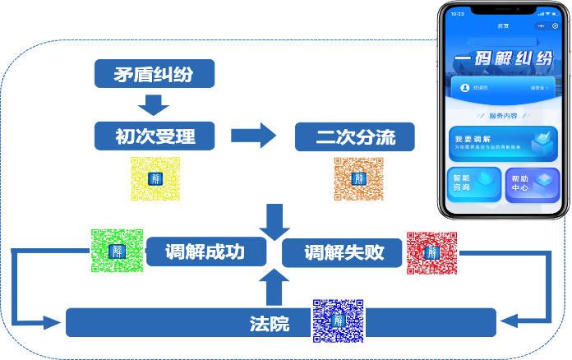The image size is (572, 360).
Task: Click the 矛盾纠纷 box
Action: (x=155, y=74)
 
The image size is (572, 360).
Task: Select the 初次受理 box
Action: (x=155, y=136)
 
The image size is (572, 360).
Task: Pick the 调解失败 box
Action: (x=344, y=252)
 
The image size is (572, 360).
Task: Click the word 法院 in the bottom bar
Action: (x=270, y=323)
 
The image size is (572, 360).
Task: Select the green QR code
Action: (x=117, y=252)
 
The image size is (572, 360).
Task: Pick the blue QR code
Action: (x=337, y=320)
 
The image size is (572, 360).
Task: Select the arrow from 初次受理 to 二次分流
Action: (x=255, y=136)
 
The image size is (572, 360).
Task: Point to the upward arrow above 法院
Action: (x=274, y=288)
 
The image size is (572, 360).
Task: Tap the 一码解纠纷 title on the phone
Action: (x=502, y=61)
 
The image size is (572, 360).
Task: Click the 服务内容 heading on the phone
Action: (x=502, y=116)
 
